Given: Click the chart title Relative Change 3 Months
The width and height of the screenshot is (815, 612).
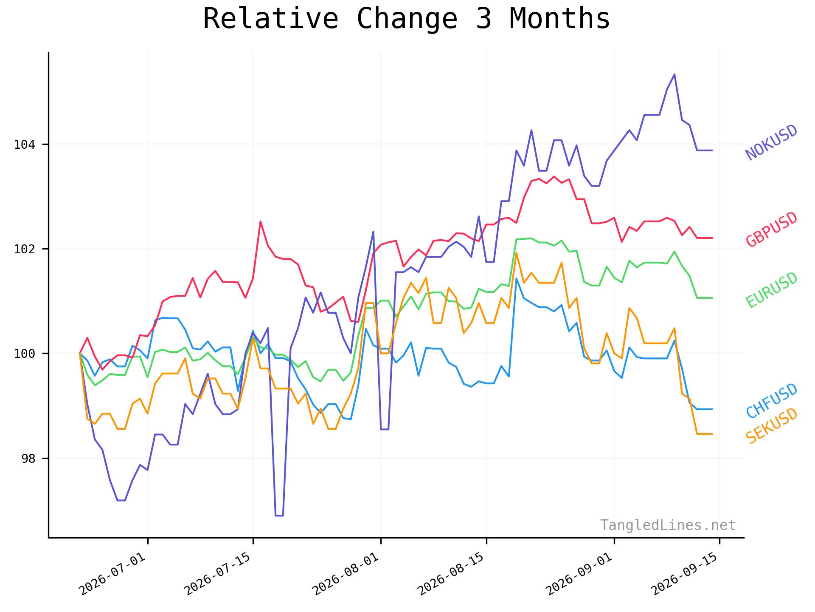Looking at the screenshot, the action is click(x=406, y=19).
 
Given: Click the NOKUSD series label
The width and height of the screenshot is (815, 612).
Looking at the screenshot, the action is click(x=772, y=143).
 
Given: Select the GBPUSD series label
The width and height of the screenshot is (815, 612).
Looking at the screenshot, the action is click(x=772, y=229).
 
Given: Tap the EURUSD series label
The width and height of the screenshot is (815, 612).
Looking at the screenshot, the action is click(x=772, y=290).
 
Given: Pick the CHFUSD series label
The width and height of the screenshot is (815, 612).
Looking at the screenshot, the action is click(x=772, y=401).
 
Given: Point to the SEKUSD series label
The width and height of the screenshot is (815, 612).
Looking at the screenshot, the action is click(x=772, y=426).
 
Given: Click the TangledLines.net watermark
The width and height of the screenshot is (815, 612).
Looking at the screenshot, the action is click(x=668, y=525).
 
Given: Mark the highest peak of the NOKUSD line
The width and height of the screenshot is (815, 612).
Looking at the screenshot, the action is click(x=674, y=74).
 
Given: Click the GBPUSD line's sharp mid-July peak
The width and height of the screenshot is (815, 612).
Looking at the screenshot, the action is click(x=260, y=221).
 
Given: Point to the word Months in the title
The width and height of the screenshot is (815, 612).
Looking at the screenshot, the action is click(x=559, y=19).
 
